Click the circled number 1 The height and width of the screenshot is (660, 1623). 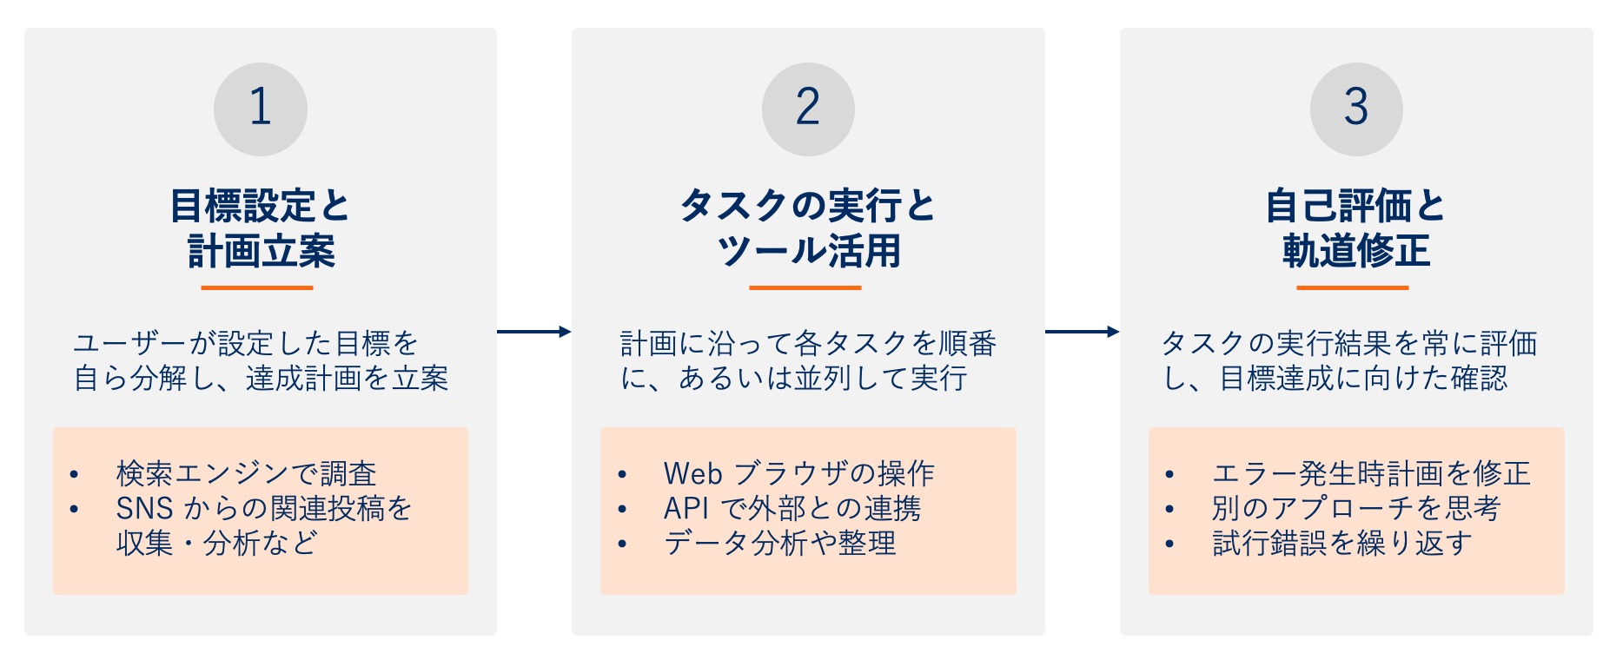(x=260, y=109)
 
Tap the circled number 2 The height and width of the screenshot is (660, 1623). (x=808, y=109)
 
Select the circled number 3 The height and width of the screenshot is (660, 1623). (x=1356, y=109)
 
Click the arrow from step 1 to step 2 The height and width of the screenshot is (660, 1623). (x=533, y=331)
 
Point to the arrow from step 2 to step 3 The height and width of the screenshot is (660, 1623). (x=1082, y=331)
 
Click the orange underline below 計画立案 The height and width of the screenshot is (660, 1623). (x=256, y=287)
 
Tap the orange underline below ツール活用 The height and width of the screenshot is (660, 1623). (x=805, y=287)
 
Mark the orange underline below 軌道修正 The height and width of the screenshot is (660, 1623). (x=1352, y=287)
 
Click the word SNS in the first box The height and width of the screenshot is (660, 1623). (x=144, y=509)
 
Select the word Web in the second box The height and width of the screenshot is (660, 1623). (x=692, y=474)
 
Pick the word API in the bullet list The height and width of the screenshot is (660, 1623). (x=686, y=509)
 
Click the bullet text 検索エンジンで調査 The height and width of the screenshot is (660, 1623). (x=246, y=474)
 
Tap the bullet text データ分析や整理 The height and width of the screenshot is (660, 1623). (x=779, y=544)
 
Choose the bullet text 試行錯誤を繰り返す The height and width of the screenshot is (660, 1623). (x=1342, y=544)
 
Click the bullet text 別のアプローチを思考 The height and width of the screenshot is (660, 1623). (x=1356, y=509)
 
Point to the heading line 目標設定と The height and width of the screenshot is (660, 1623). (x=260, y=207)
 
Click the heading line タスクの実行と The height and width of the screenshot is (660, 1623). (x=808, y=207)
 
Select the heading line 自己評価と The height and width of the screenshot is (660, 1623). (x=1355, y=207)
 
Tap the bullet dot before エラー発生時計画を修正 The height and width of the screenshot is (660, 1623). (x=1170, y=475)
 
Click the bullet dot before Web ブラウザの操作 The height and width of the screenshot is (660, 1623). (x=622, y=475)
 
